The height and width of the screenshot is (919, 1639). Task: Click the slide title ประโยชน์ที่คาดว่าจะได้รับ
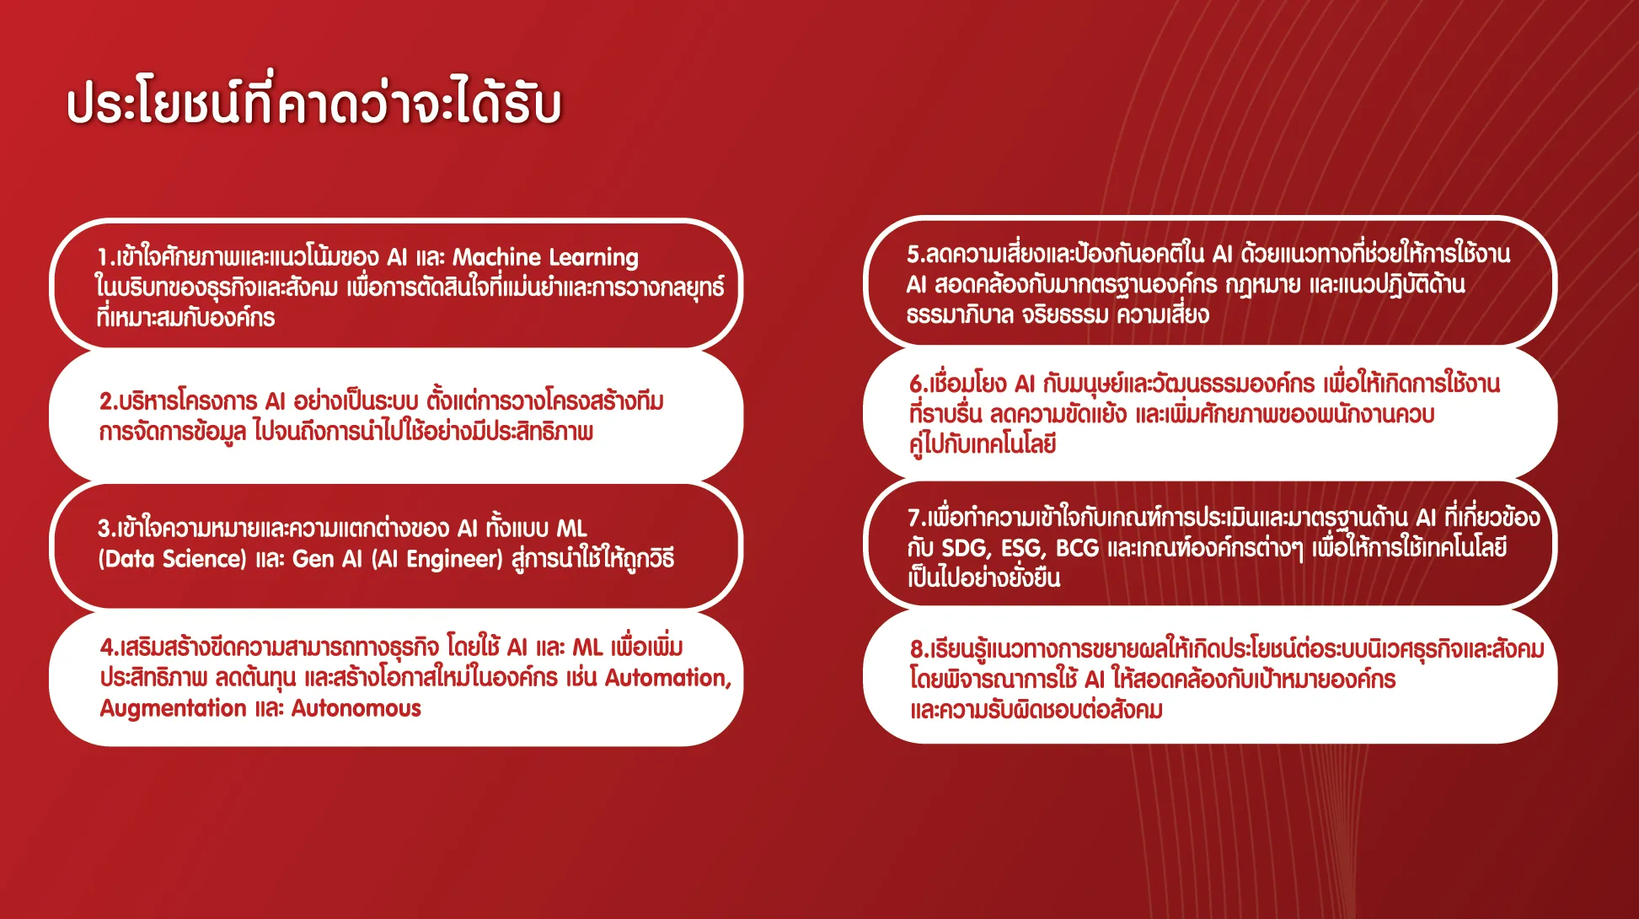point(313,102)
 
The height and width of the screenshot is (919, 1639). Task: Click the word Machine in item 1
point(496,256)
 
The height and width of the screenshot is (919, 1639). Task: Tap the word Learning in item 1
point(594,258)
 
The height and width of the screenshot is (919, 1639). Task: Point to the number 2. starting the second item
point(108,401)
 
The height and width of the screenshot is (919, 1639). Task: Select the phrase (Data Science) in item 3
point(172,559)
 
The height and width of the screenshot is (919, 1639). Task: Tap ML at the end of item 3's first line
point(571,529)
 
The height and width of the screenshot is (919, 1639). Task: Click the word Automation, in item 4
point(668,678)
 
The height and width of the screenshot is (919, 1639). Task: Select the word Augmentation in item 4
point(173,708)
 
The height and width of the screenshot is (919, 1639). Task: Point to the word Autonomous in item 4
point(356,708)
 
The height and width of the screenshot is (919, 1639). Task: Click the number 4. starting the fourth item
point(109,648)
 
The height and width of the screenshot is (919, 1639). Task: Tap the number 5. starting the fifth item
point(916,254)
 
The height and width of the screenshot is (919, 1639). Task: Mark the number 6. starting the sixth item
point(919,384)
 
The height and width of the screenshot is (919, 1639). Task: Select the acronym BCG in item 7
point(1077,548)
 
